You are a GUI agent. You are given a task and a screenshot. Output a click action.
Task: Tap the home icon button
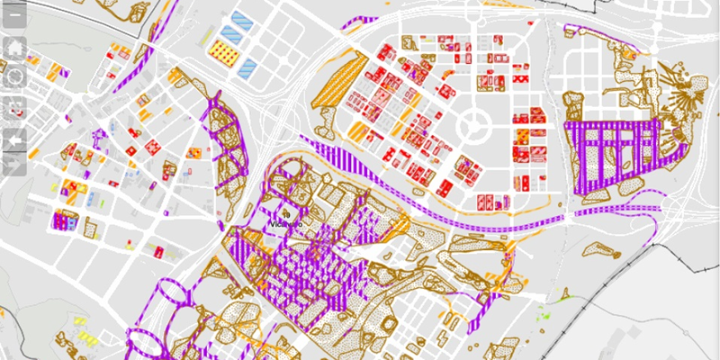click(x=15, y=46)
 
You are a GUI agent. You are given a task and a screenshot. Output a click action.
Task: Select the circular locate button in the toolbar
click(x=15, y=77)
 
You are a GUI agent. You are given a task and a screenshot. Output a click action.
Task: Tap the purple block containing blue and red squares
click(x=66, y=220)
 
